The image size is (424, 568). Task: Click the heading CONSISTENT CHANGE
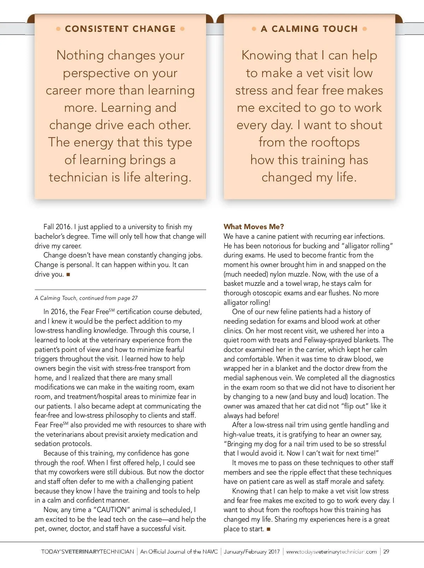point(120,29)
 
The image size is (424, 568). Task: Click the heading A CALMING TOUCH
point(309,29)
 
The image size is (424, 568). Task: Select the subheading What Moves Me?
point(254,227)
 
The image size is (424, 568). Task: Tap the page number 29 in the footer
point(386,551)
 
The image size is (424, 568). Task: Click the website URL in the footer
point(331,551)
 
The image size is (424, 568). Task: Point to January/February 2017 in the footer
point(252,551)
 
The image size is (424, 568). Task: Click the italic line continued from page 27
point(86,298)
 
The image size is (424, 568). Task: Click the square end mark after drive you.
point(68,274)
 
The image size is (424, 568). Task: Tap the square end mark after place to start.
point(269,529)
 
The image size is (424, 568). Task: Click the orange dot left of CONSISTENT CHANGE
point(58,29)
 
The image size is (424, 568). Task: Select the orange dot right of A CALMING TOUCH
point(365,29)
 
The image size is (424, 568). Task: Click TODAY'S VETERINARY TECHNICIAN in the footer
point(88,551)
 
